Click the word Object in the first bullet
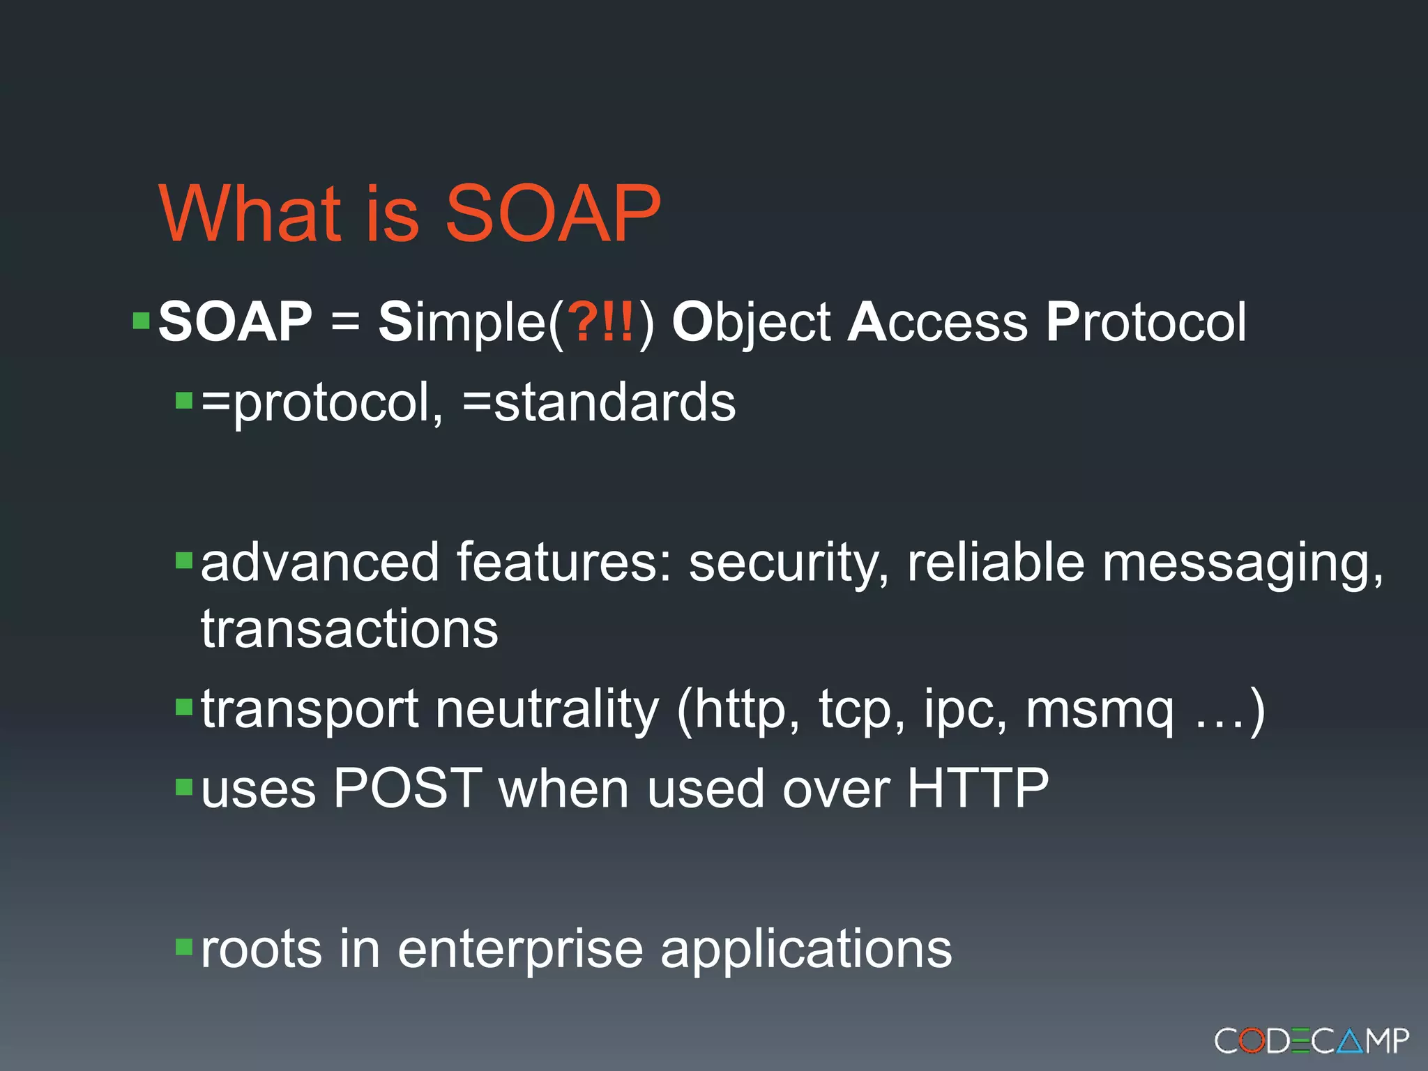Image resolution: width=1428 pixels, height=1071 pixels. (751, 323)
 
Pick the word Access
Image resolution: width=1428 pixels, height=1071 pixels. (937, 321)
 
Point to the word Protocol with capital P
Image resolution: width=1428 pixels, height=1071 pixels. (1146, 321)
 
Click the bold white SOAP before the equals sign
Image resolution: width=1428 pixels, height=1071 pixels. (235, 321)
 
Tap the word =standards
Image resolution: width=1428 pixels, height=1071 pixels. (599, 402)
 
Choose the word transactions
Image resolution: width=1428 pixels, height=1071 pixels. (349, 629)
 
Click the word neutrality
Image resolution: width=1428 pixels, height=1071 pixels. (547, 709)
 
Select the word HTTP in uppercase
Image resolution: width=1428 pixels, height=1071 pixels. (978, 789)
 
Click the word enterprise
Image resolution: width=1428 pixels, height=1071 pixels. (519, 949)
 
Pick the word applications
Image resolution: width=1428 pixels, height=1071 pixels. (805, 949)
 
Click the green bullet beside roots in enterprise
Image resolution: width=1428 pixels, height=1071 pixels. (184, 946)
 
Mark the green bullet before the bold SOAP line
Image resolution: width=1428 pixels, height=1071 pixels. (142, 321)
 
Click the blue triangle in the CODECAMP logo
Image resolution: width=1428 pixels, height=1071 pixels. (1351, 1041)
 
